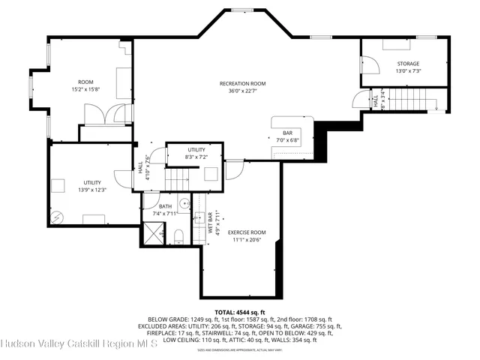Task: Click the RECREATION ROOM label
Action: click(x=242, y=83)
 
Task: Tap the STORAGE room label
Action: click(x=408, y=64)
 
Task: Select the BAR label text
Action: click(x=287, y=133)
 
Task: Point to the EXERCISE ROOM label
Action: click(x=247, y=232)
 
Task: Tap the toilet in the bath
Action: click(x=178, y=238)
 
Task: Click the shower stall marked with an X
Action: click(x=153, y=235)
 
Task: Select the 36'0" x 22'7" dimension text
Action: click(x=242, y=91)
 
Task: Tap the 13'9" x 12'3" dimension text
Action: click(x=92, y=190)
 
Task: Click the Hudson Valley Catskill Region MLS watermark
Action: click(x=78, y=344)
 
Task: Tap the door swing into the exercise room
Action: click(x=234, y=168)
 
